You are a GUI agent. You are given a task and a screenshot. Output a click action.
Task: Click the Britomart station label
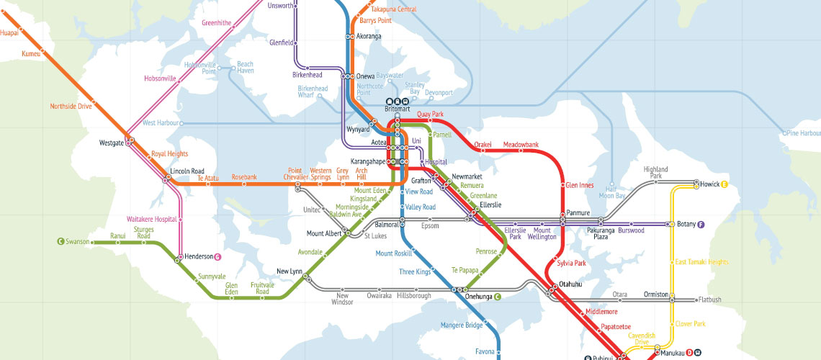coord(397,109)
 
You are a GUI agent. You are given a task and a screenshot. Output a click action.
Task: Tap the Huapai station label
coord(9,32)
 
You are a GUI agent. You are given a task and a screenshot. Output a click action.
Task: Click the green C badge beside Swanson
coord(60,242)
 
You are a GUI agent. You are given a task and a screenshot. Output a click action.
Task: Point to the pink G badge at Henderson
coord(217,257)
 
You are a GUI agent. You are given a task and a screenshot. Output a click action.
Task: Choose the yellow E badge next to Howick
coord(724,184)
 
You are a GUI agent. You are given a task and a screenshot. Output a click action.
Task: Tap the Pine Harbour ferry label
coord(803,133)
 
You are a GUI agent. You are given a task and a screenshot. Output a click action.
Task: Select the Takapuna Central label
coord(394,9)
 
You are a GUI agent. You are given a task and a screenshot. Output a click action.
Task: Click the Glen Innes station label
coord(580,185)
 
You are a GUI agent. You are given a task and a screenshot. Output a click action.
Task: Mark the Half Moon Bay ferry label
coord(611,193)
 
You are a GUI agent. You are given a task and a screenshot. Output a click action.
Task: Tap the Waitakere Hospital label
coord(151,218)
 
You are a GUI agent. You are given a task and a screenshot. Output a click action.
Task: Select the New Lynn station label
coord(290,271)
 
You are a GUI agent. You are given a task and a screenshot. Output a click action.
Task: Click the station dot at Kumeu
coord(42,50)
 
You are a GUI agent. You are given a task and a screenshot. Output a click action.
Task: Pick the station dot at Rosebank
coord(244,184)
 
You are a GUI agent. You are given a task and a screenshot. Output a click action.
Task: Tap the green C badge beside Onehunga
coord(497,296)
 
